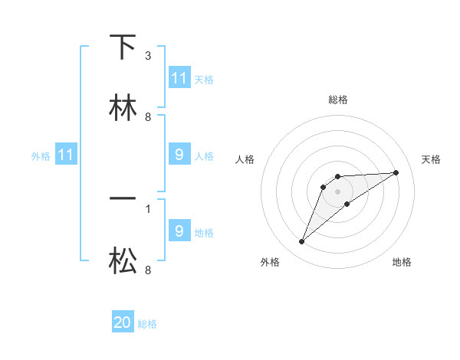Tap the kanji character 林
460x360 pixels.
pyautogui.click(x=123, y=107)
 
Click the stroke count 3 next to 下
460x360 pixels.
pyautogui.click(x=147, y=57)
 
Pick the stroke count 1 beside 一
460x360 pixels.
pyautogui.click(x=147, y=208)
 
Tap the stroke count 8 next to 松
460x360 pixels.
pyautogui.click(x=147, y=270)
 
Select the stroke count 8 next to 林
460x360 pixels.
pyautogui.click(x=147, y=117)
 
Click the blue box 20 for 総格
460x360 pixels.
pyautogui.click(x=123, y=322)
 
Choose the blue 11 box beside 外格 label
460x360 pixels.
pyautogui.click(x=66, y=155)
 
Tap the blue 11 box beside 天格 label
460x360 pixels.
pyautogui.click(x=179, y=78)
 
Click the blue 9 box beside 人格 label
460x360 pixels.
pyautogui.click(x=179, y=155)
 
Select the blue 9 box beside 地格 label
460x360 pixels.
pyautogui.click(x=179, y=231)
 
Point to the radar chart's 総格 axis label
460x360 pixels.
pyautogui.click(x=338, y=100)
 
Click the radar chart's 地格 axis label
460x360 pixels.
pyautogui.click(x=402, y=262)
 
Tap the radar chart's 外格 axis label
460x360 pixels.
pyautogui.click(x=270, y=262)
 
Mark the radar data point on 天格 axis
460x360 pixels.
pyautogui.click(x=396, y=172)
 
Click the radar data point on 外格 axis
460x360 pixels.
pyautogui.click(x=301, y=242)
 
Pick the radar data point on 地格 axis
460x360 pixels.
pyautogui.click(x=347, y=204)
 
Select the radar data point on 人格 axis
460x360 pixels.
pyautogui.click(x=324, y=187)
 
